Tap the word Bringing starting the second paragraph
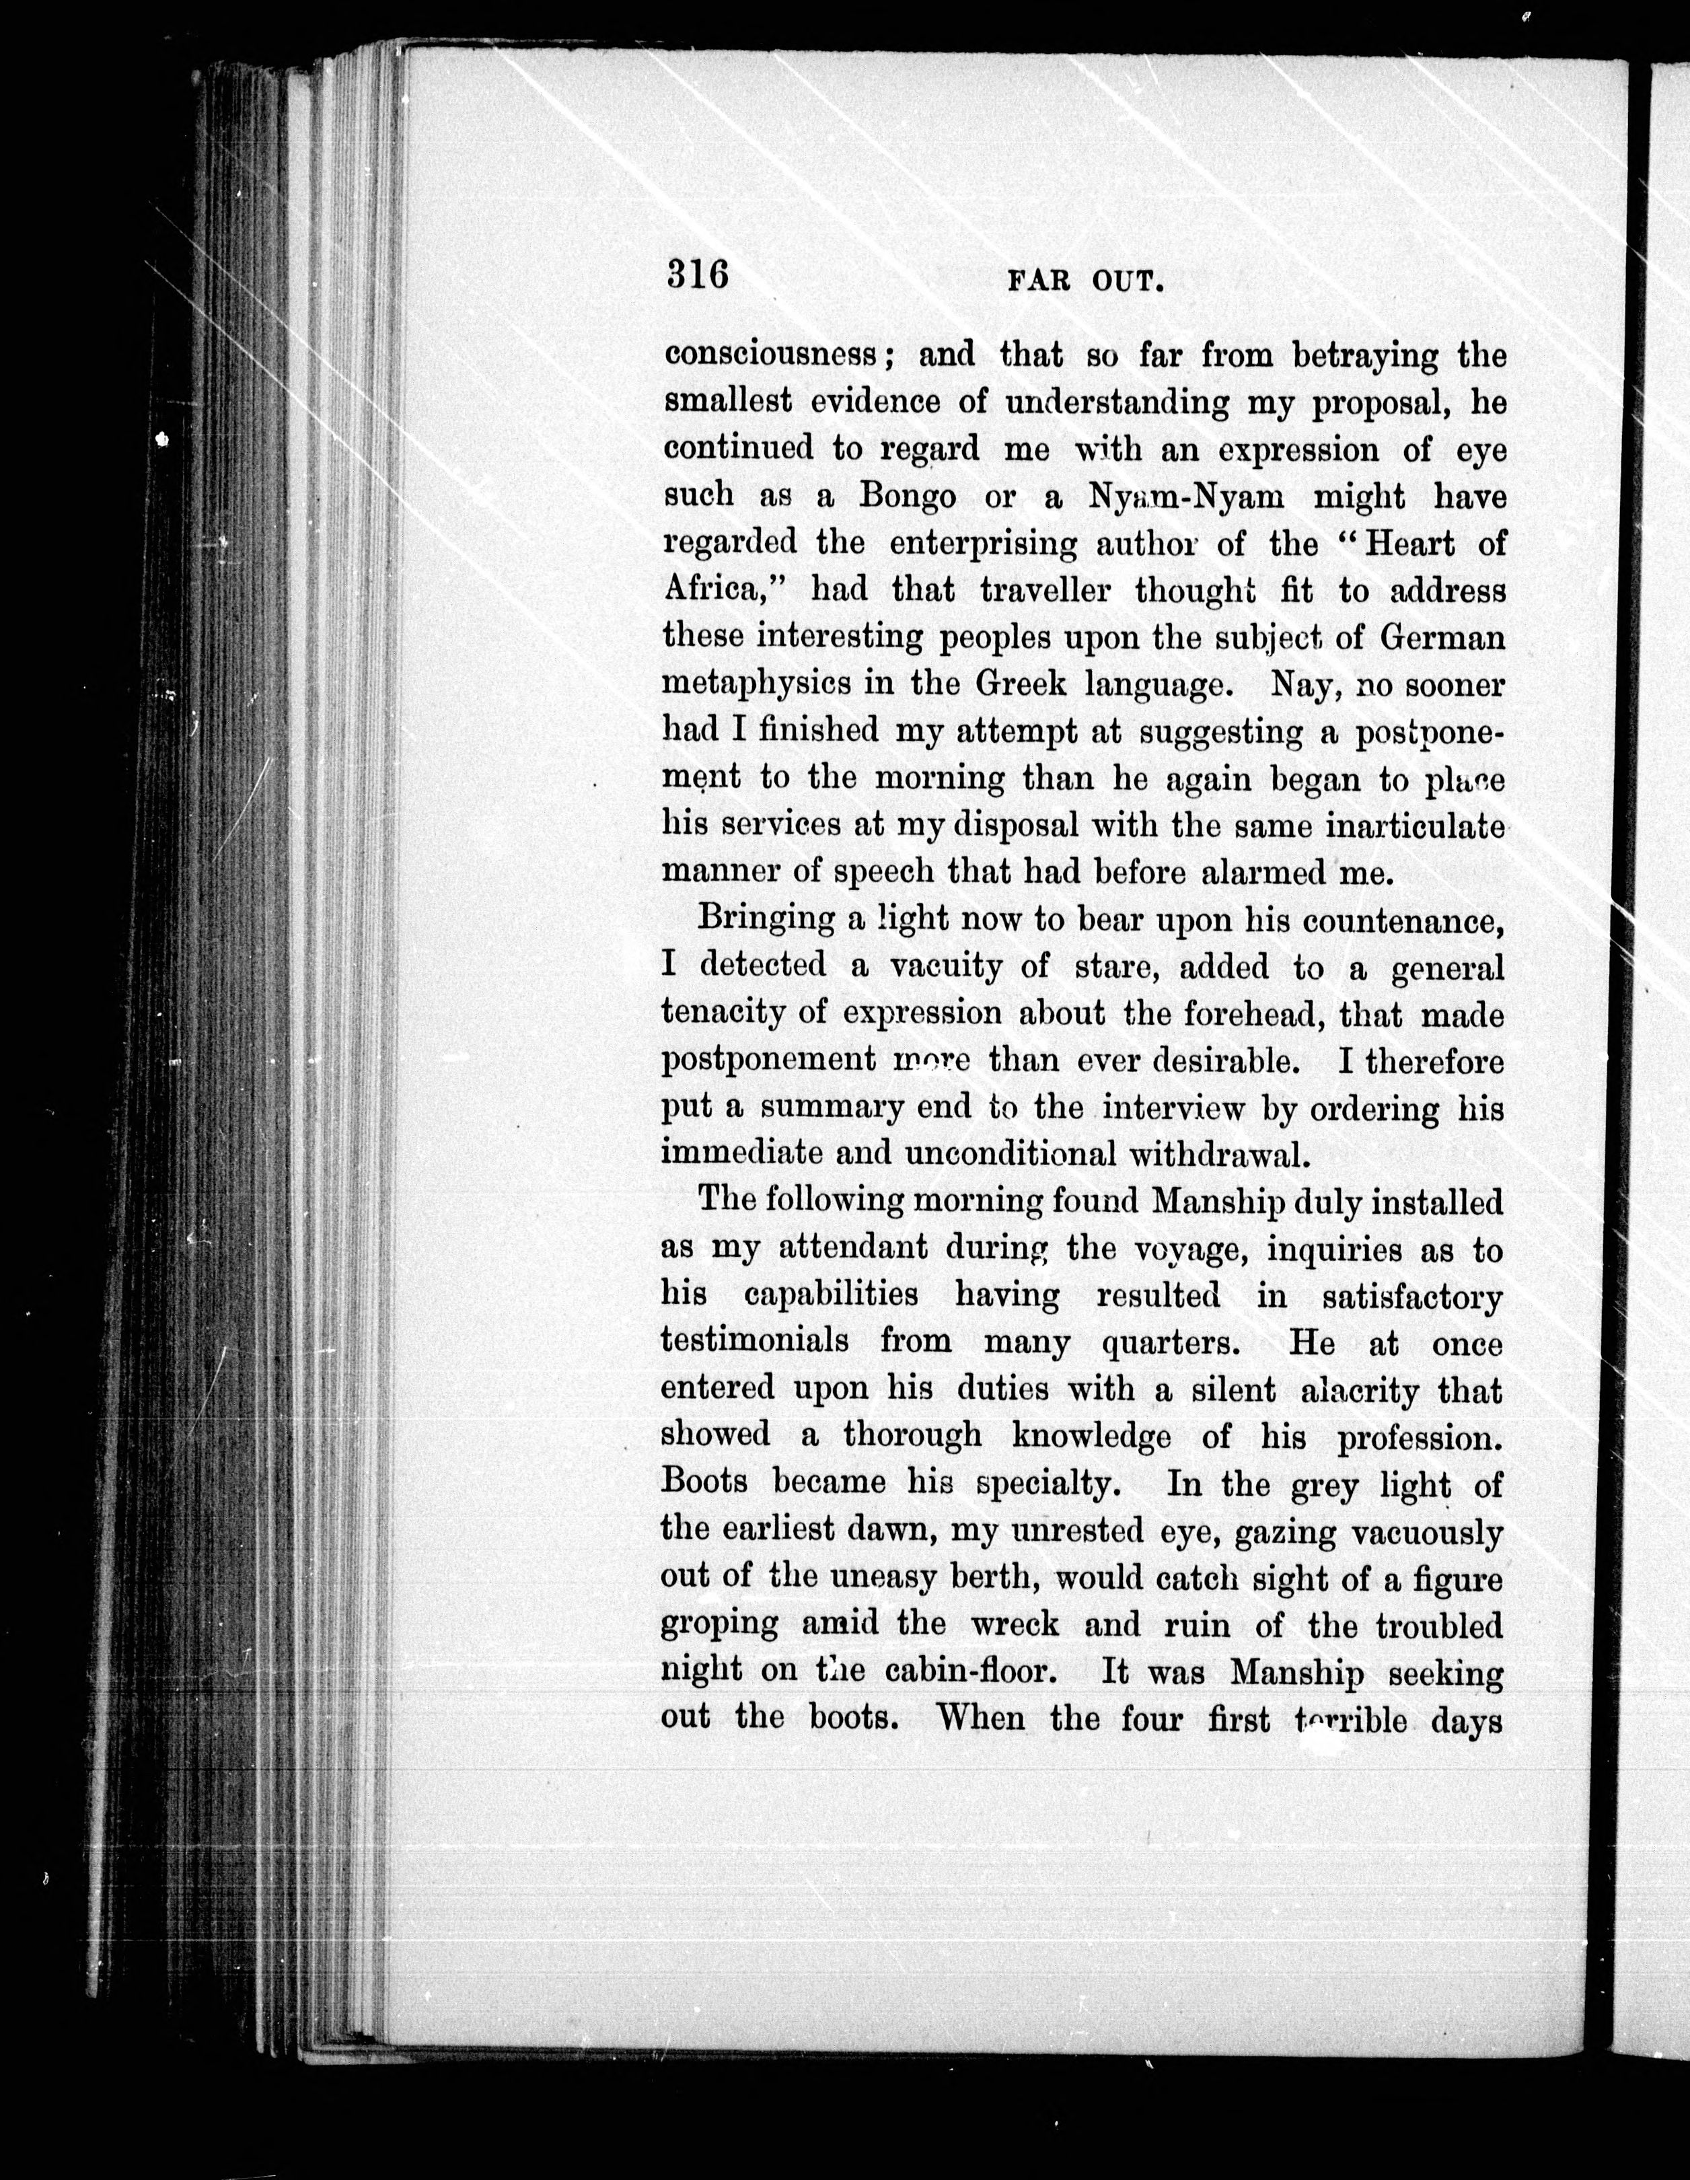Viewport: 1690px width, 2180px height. [765, 919]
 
